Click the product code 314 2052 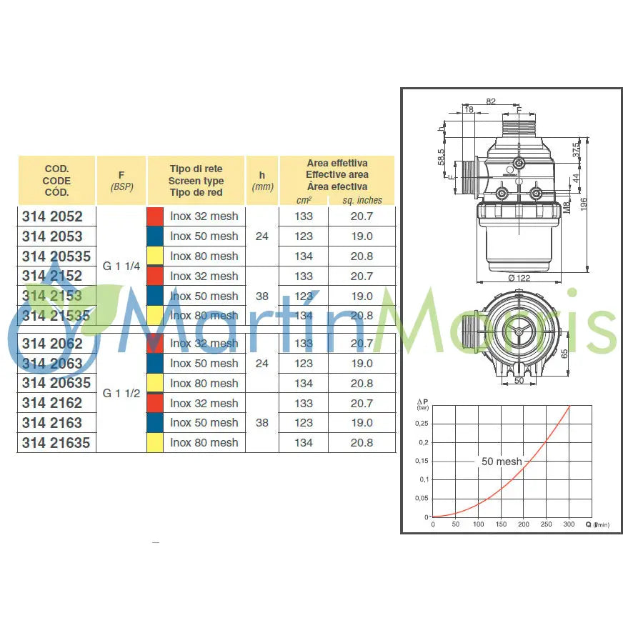pyautogui.click(x=52, y=216)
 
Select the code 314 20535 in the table pyautogui.click(x=56, y=256)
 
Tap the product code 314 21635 pyautogui.click(x=56, y=443)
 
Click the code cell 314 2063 pyautogui.click(x=52, y=363)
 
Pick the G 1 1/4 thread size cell pyautogui.click(x=121, y=266)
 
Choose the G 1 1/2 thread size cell pyautogui.click(x=121, y=393)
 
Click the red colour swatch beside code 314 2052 pyautogui.click(x=155, y=216)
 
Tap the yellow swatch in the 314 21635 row pyautogui.click(x=155, y=443)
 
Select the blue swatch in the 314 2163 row pyautogui.click(x=155, y=423)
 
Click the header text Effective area pyautogui.click(x=337, y=174)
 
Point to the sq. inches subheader pyautogui.click(x=362, y=201)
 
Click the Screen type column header pyautogui.click(x=196, y=181)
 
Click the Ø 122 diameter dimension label pyautogui.click(x=520, y=278)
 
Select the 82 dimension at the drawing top pyautogui.click(x=491, y=101)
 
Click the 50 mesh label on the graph pyautogui.click(x=502, y=462)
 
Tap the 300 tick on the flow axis pyautogui.click(x=569, y=524)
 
